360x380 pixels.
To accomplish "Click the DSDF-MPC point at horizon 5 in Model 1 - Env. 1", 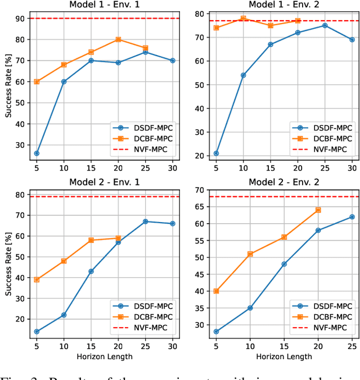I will [x=37, y=153].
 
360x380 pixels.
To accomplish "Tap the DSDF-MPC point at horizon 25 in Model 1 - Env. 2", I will [x=325, y=25].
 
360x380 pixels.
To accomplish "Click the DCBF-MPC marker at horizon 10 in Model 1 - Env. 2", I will [x=243, y=19].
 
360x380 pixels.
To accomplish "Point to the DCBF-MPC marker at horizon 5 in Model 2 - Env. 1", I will [x=37, y=279].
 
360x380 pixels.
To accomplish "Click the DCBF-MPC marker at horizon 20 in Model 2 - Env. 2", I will [x=318, y=210].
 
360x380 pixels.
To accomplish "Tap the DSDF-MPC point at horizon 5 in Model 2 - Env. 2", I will [x=216, y=332].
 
